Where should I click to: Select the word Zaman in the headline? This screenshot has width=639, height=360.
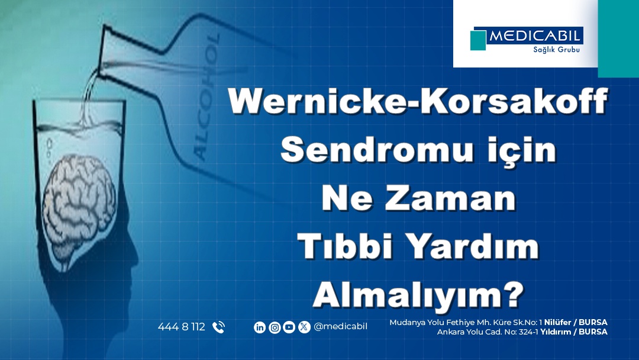tap(454, 199)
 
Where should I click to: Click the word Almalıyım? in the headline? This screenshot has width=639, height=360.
tap(418, 294)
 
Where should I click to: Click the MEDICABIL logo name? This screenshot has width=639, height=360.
tap(535, 36)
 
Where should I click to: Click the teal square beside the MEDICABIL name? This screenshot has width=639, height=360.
tap(477, 40)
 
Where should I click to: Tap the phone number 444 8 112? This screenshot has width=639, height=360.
tap(182, 327)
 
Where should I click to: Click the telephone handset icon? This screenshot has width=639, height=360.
tap(218, 327)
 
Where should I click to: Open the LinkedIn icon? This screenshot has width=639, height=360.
tap(259, 327)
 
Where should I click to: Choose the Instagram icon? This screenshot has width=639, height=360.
tap(275, 327)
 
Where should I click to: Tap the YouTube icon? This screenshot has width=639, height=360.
tap(289, 327)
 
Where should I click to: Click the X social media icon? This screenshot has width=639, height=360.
tap(304, 327)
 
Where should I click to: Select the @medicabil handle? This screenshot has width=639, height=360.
tap(341, 327)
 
